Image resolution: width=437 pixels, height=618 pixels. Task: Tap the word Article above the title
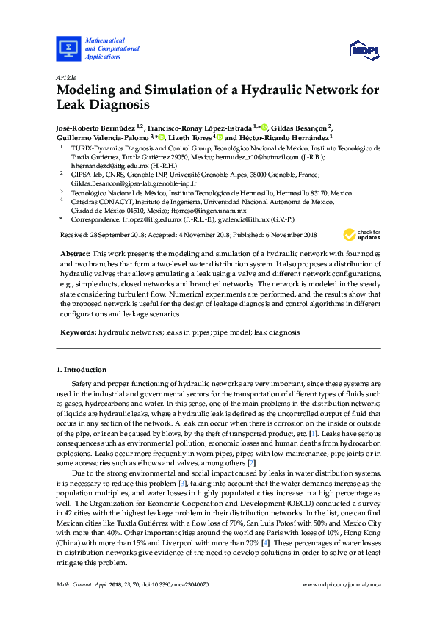click(66, 77)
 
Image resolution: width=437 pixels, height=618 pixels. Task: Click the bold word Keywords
click(77, 332)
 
